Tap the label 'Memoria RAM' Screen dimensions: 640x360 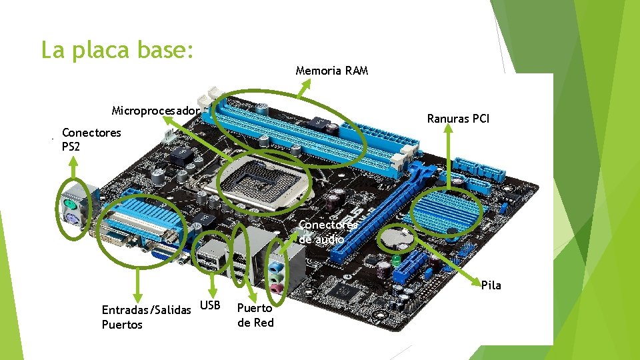tap(331, 71)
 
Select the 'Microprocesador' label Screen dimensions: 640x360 tap(155, 110)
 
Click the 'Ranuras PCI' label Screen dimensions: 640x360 tap(458, 119)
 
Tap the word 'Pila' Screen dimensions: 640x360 tap(491, 285)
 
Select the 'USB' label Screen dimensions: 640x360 tap(211, 305)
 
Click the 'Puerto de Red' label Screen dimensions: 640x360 tap(255, 315)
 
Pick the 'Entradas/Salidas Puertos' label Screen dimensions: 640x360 tap(145, 317)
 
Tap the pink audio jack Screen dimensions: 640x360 tap(274, 289)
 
